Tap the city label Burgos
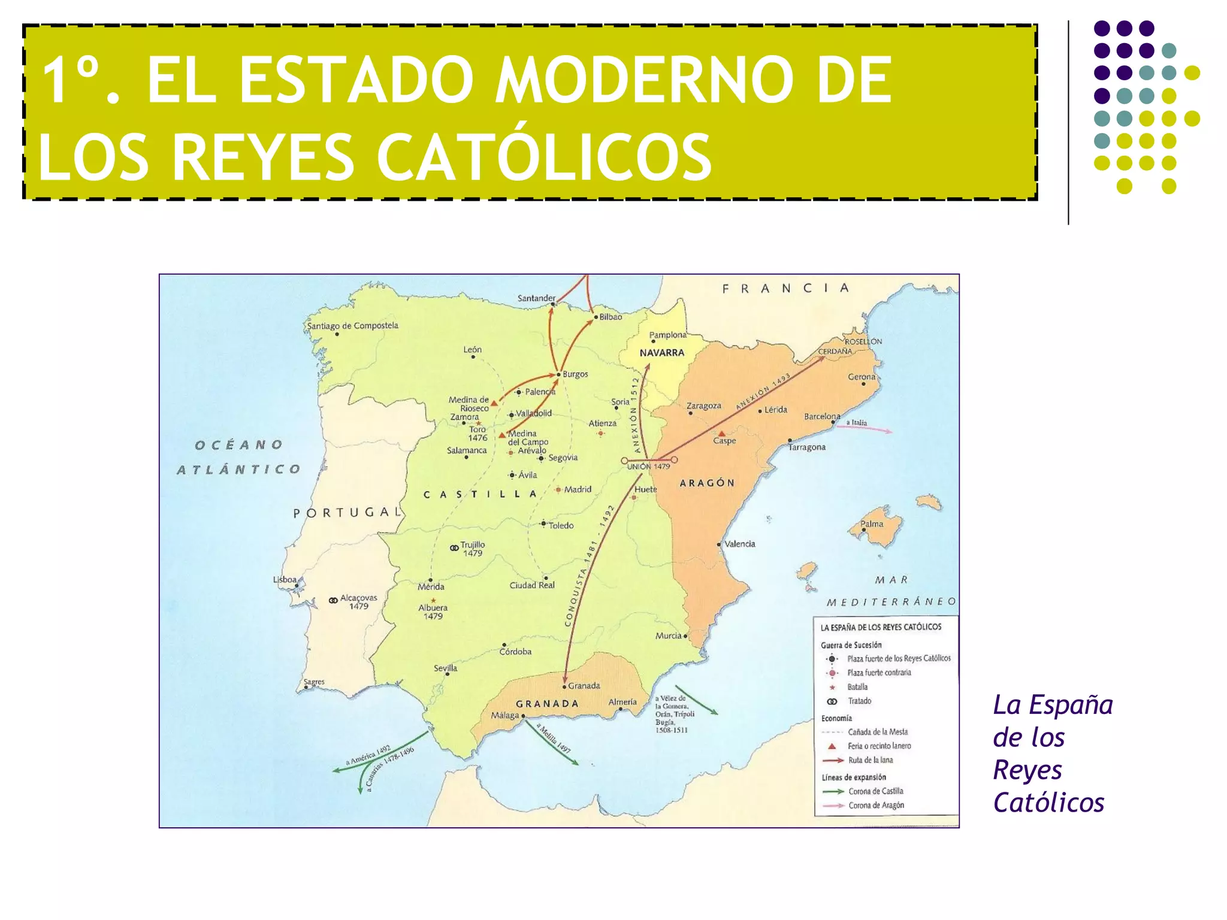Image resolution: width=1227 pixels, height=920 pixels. tap(575, 374)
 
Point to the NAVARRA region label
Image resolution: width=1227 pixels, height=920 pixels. tap(661, 353)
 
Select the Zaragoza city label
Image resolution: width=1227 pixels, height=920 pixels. tap(703, 406)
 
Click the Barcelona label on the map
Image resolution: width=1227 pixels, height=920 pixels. tap(821, 416)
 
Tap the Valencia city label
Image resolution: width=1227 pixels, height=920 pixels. tap(740, 544)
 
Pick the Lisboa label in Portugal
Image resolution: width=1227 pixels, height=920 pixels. tap(285, 579)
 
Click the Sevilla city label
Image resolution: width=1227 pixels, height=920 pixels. tap(445, 668)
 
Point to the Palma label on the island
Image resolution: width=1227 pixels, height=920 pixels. tap(872, 524)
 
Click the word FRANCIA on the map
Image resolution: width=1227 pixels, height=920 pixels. tap(785, 289)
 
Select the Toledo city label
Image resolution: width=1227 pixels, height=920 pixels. tap(561, 526)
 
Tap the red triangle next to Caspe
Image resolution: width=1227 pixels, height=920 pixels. tap(722, 433)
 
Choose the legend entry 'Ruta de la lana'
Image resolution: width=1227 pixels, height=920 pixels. tap(870, 760)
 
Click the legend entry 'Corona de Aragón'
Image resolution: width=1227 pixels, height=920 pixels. tap(876, 806)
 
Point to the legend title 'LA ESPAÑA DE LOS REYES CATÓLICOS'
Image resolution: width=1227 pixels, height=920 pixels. tap(881, 627)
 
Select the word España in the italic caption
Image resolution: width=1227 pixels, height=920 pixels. tap(1071, 705)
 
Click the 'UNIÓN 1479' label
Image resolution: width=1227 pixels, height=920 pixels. tap(648, 467)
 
